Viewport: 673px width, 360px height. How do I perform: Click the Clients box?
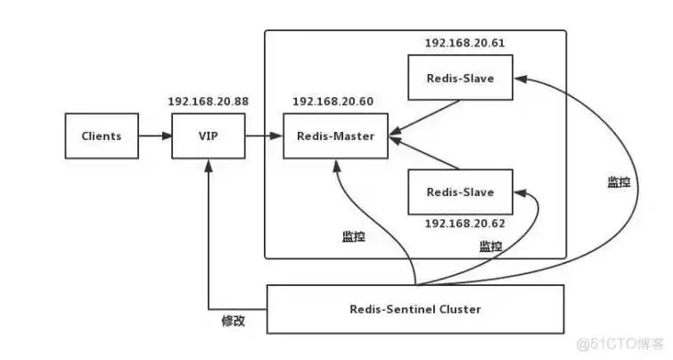102,136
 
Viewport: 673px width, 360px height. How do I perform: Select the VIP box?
207,136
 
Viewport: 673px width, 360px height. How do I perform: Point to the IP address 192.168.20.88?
208,101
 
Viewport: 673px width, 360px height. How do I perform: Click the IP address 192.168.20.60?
332,101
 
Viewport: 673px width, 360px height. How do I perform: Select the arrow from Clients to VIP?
155,136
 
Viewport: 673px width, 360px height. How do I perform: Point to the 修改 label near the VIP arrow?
233,321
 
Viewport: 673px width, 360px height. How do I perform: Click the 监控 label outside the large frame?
619,182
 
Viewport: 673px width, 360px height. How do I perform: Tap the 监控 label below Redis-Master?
353,237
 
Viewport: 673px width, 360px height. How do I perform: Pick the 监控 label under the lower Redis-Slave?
490,246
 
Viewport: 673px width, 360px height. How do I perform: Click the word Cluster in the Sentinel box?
455,308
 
